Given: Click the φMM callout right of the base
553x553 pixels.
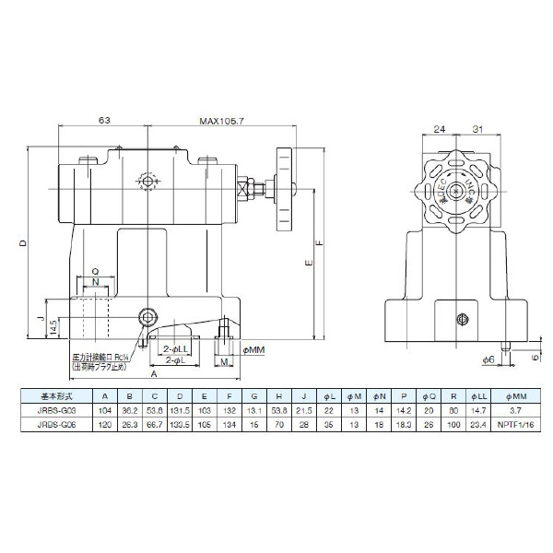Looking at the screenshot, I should [253, 350].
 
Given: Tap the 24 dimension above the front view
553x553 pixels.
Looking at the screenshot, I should [440, 129].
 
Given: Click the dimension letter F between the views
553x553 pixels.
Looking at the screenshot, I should [319, 244].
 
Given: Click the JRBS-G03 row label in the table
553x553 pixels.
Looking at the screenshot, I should [52, 411].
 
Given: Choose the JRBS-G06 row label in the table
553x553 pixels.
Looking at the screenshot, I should [52, 426].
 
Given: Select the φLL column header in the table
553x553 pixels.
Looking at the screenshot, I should [477, 396].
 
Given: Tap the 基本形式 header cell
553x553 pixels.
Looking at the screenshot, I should [52, 396].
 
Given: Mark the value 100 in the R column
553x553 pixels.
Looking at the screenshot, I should [453, 426].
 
